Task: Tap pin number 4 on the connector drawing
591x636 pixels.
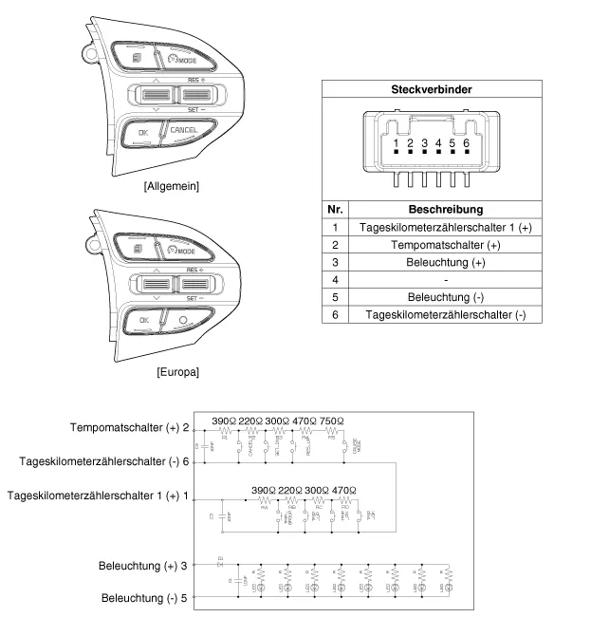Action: coord(438,143)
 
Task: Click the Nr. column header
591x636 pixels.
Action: coord(335,208)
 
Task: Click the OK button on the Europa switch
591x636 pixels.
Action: coord(143,320)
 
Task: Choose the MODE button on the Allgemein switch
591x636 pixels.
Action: coord(181,61)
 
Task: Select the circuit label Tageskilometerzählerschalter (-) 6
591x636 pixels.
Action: coord(101,460)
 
